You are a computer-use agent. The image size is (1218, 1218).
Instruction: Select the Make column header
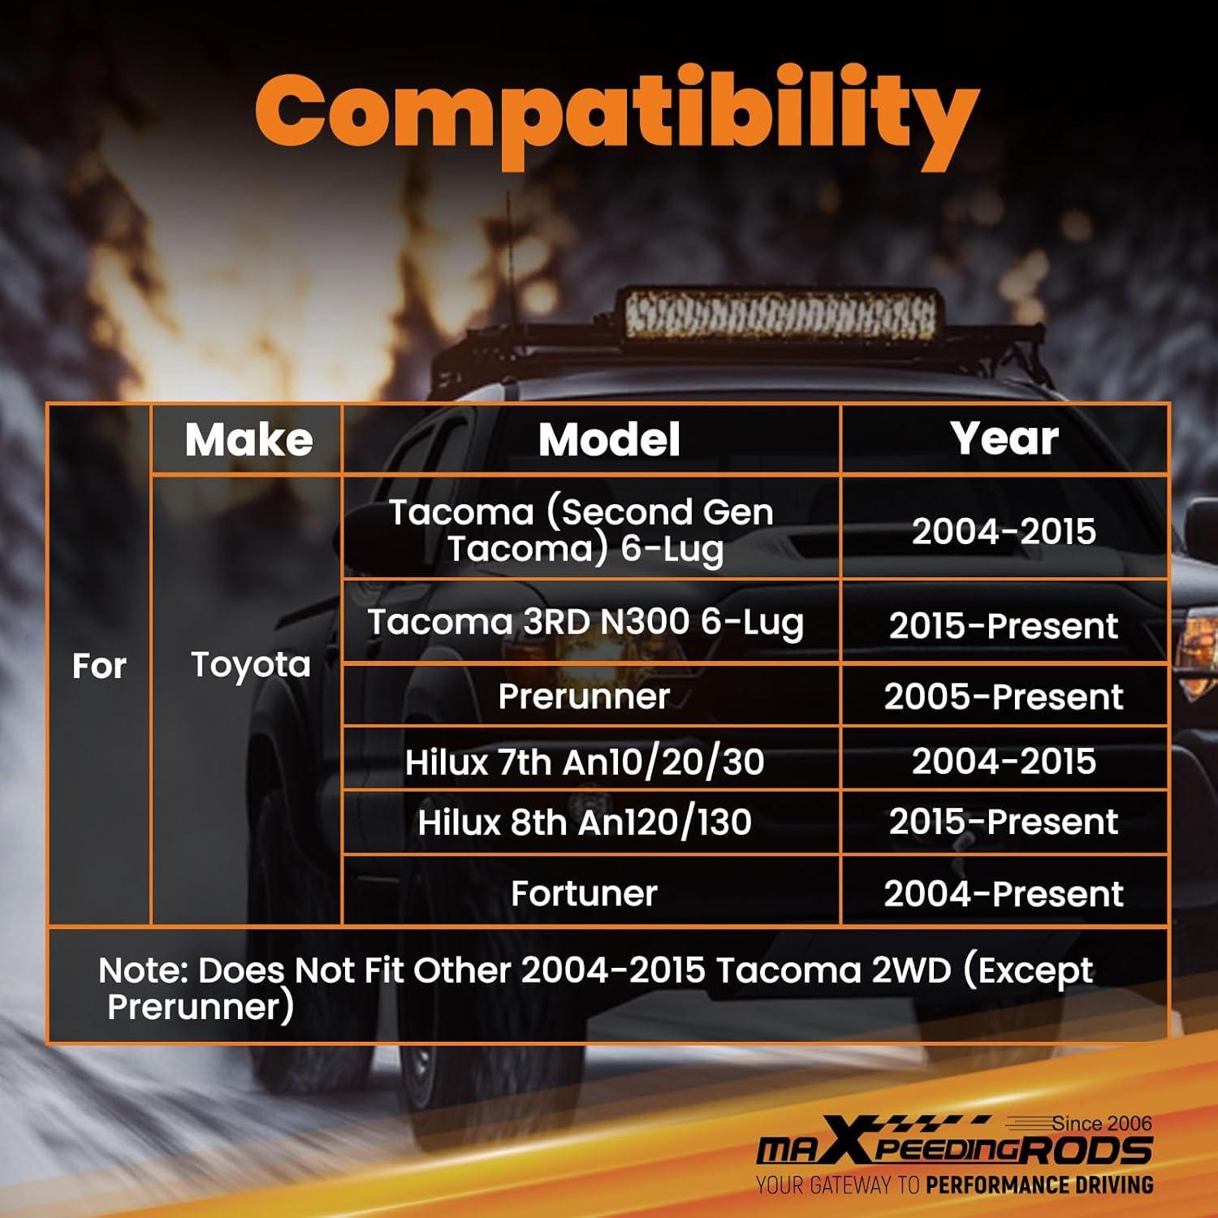[x=248, y=439]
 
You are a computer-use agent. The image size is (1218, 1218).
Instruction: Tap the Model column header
[x=609, y=439]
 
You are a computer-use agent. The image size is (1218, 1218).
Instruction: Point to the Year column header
[x=1004, y=438]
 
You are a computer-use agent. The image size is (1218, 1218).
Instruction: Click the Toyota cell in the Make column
[x=251, y=665]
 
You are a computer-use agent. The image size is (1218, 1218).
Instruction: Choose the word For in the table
[x=99, y=667]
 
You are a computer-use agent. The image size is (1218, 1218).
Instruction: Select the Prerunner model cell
[x=584, y=697]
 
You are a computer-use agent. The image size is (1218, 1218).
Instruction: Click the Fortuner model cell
[x=584, y=893]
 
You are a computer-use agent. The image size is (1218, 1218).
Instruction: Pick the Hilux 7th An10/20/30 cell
[x=585, y=762]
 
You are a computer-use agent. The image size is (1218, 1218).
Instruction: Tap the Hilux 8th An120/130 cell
[x=585, y=822]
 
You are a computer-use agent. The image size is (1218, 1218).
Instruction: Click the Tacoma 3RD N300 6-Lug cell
[x=585, y=623]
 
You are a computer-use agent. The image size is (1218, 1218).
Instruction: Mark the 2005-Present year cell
[x=1004, y=697]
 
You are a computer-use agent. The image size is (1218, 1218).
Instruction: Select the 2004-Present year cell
[x=1004, y=894]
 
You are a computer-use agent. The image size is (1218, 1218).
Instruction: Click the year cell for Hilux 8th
[x=1004, y=822]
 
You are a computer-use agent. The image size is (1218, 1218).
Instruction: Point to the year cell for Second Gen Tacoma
[x=1004, y=531]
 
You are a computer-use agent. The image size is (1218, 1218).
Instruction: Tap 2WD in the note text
[x=910, y=970]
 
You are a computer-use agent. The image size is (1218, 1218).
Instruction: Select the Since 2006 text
[x=1102, y=1123]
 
